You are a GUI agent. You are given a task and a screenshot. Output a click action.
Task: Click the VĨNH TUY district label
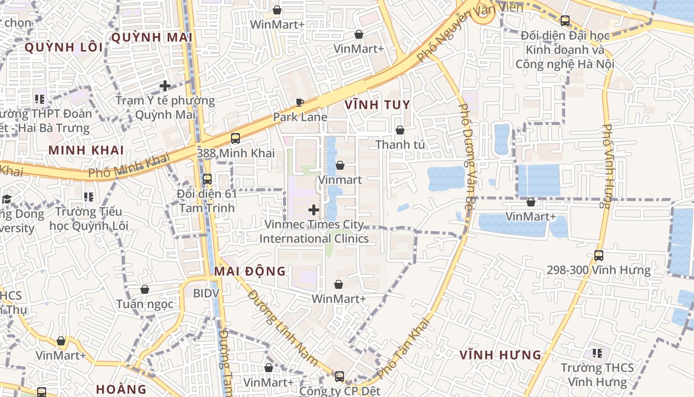(x=377, y=105)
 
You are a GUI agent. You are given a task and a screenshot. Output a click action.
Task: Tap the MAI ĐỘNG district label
(x=250, y=271)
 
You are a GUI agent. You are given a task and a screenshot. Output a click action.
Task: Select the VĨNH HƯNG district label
(x=500, y=355)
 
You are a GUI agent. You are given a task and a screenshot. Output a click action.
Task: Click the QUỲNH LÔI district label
(x=63, y=48)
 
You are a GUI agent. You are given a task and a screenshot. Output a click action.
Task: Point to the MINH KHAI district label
(x=86, y=150)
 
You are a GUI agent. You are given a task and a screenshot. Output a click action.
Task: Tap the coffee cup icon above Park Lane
(x=300, y=103)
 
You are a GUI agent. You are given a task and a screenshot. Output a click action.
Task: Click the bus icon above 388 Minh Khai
(x=235, y=138)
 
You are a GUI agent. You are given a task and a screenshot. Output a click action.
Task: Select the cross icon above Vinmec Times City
(x=314, y=210)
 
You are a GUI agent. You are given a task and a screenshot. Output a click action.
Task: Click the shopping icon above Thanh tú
(x=400, y=130)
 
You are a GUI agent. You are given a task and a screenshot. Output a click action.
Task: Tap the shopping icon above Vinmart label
(x=340, y=165)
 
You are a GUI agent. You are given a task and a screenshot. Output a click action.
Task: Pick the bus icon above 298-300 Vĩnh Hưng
(x=599, y=256)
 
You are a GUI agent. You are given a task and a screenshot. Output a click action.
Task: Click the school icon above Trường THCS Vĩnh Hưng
(x=597, y=353)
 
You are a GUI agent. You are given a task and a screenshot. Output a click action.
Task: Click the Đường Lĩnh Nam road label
(x=283, y=328)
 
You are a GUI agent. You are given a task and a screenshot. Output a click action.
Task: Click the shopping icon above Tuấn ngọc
(x=145, y=289)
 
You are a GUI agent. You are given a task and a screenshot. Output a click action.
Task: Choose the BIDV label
(x=206, y=293)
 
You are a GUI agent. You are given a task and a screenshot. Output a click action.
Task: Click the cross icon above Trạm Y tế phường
(x=165, y=86)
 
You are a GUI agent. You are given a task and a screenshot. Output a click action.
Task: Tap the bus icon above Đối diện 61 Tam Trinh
(x=207, y=179)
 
